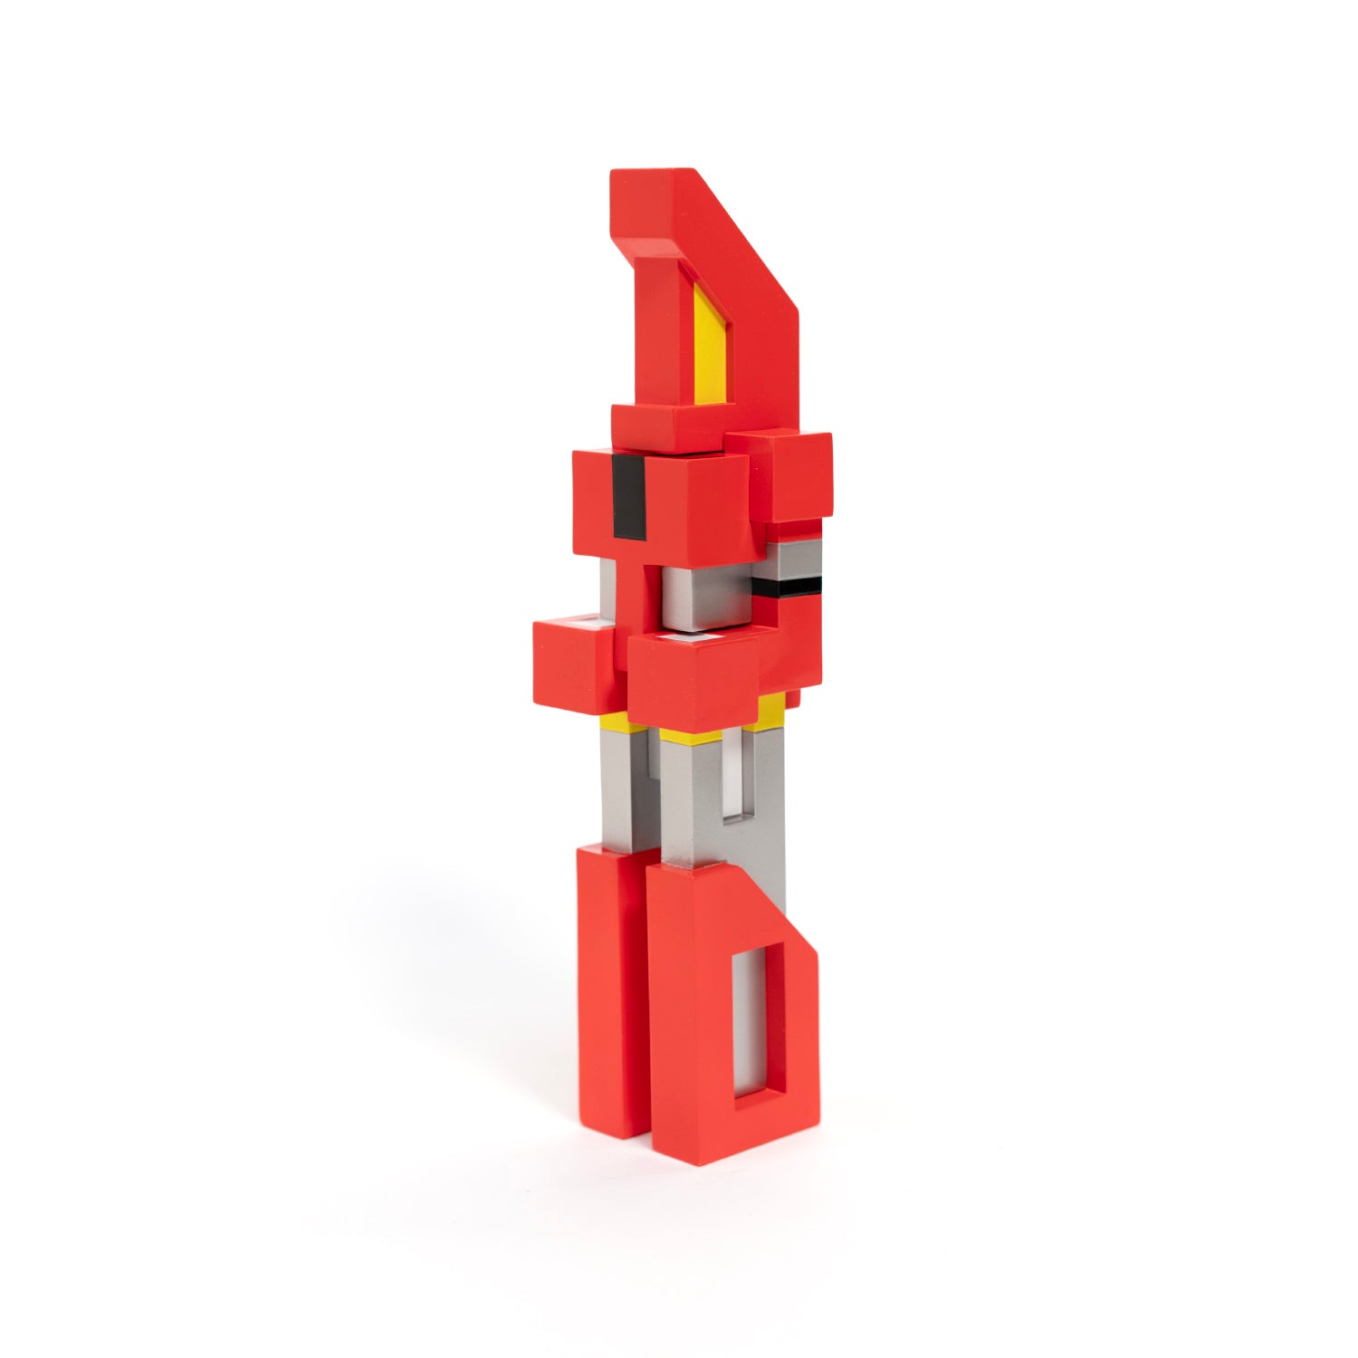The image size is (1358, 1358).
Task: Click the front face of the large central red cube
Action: pos(692,684)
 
